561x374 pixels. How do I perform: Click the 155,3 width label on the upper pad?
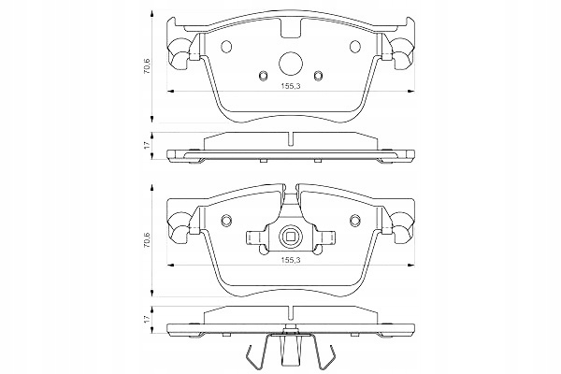pyautogui.click(x=290, y=86)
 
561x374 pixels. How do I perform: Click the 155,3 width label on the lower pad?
pyautogui.click(x=290, y=260)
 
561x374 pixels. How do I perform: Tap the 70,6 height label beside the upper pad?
pyautogui.click(x=147, y=65)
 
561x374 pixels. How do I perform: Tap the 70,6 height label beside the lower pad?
pyautogui.click(x=147, y=239)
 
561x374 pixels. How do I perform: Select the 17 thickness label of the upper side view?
pyautogui.click(x=147, y=145)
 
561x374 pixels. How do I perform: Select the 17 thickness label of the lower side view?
pyautogui.click(x=147, y=320)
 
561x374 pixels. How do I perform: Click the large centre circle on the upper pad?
pyautogui.click(x=291, y=64)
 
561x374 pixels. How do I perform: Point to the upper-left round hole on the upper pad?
pyautogui.click(x=227, y=46)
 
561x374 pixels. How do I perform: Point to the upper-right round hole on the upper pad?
pyautogui.click(x=355, y=46)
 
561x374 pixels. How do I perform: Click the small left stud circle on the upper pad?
pyautogui.click(x=263, y=75)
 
